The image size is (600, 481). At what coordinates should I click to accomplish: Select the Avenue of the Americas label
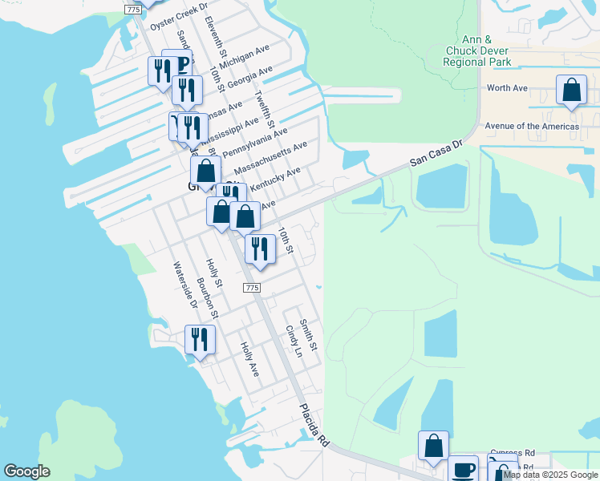(531, 126)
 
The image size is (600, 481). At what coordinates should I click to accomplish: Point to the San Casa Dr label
(437, 152)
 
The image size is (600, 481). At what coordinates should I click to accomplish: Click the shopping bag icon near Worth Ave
(571, 91)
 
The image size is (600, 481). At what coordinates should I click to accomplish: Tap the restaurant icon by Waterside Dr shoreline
(200, 339)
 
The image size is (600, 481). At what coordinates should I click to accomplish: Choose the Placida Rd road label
(315, 425)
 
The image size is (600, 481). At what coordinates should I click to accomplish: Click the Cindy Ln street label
(294, 342)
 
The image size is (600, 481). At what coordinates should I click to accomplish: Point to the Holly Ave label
(249, 360)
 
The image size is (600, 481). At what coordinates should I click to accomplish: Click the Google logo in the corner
(26, 471)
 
